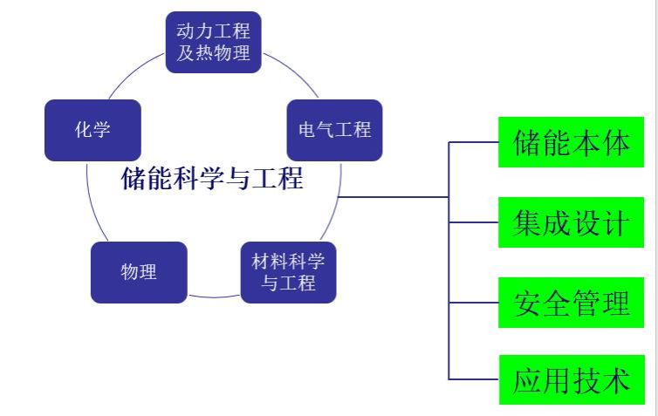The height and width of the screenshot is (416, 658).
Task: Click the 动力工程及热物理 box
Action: (213, 42)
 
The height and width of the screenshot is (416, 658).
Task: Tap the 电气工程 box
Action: (335, 130)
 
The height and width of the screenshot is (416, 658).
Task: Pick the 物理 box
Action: (139, 272)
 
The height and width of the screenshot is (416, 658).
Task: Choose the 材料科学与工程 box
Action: (288, 272)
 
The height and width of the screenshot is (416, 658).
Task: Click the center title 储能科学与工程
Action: (213, 179)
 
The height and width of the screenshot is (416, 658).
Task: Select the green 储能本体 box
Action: (571, 142)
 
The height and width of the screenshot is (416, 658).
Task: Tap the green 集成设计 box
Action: (571, 222)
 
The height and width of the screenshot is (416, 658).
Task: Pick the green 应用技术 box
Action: (571, 380)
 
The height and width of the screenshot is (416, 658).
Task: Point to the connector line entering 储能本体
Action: (473, 142)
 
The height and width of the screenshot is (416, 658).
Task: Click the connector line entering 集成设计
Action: (473, 222)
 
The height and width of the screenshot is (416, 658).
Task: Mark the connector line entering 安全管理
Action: (473, 303)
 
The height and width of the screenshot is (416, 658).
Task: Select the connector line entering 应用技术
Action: (473, 379)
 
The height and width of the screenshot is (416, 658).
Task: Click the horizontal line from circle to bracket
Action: (393, 197)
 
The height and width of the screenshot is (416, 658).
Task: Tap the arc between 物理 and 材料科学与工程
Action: (214, 297)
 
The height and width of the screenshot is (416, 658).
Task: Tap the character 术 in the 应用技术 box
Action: (616, 380)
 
